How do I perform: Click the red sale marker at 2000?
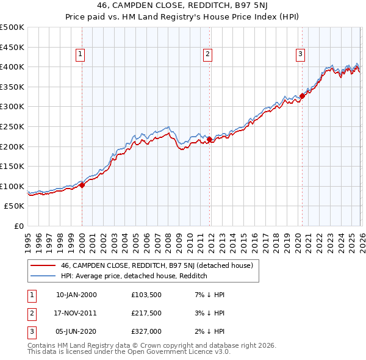click(82, 185)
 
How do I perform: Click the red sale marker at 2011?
click(209, 140)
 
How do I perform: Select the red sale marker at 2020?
click(302, 96)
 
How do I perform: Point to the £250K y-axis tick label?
click(12, 126)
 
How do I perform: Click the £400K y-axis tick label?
click(12, 67)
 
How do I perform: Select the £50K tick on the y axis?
click(15, 206)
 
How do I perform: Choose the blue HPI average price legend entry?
click(134, 276)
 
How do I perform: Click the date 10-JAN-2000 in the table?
click(76, 295)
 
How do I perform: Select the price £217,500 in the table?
click(146, 313)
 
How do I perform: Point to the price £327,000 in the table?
click(146, 331)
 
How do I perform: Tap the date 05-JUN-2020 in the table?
click(76, 331)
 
